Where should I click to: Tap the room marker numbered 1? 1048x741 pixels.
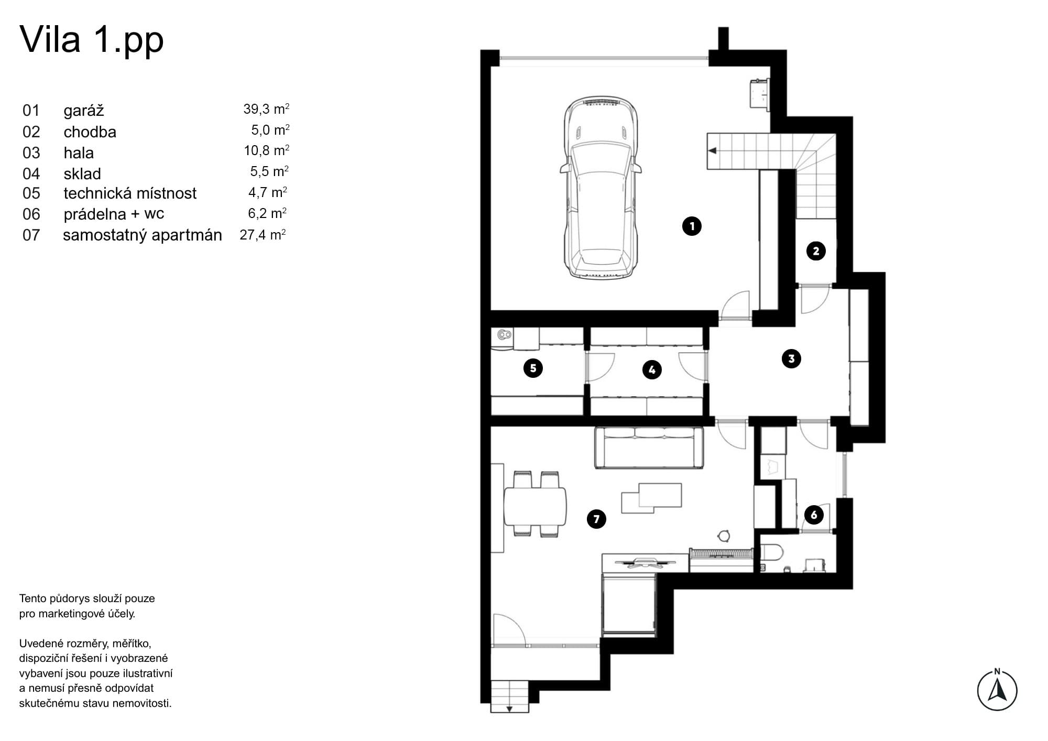click(x=692, y=226)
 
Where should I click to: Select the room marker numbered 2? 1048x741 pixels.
click(x=816, y=251)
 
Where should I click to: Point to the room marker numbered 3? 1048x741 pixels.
click(x=791, y=359)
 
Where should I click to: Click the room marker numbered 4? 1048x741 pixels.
click(x=652, y=370)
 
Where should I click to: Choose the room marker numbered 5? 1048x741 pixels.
click(x=533, y=368)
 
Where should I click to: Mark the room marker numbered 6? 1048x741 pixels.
click(x=814, y=515)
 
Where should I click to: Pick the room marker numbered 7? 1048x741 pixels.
click(x=596, y=519)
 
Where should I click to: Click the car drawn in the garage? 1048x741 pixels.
click(x=601, y=187)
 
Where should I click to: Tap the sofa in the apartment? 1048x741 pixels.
click(x=649, y=448)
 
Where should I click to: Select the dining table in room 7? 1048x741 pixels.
click(x=535, y=507)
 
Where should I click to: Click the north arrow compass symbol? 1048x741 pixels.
click(x=997, y=690)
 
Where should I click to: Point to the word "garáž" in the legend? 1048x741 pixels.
click(x=84, y=111)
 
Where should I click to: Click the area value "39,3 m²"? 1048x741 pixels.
click(x=266, y=108)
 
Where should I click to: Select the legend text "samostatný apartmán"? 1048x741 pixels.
click(x=143, y=235)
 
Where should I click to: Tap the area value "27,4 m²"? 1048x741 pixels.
click(x=263, y=234)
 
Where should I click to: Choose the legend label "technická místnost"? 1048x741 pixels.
click(x=130, y=193)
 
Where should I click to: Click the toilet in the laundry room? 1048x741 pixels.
click(x=771, y=552)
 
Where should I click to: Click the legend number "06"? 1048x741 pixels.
click(x=31, y=214)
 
